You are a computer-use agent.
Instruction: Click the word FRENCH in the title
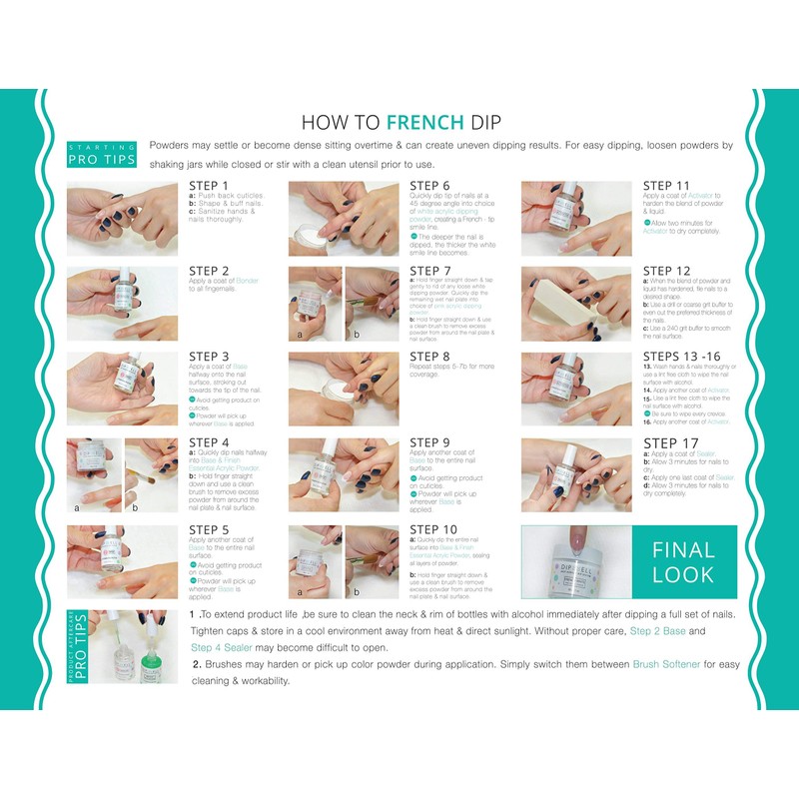point(425,123)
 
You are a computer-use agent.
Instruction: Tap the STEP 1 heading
point(209,185)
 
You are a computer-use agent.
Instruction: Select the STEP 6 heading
point(430,185)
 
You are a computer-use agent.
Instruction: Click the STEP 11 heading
point(666,185)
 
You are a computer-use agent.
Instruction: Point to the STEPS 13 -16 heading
point(678,357)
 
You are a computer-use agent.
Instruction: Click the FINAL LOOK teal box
point(684,561)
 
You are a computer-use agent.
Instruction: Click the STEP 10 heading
point(433,528)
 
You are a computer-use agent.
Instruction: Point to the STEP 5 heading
point(209,528)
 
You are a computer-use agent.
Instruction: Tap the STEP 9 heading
point(430,442)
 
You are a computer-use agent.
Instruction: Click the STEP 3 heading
point(209,357)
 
